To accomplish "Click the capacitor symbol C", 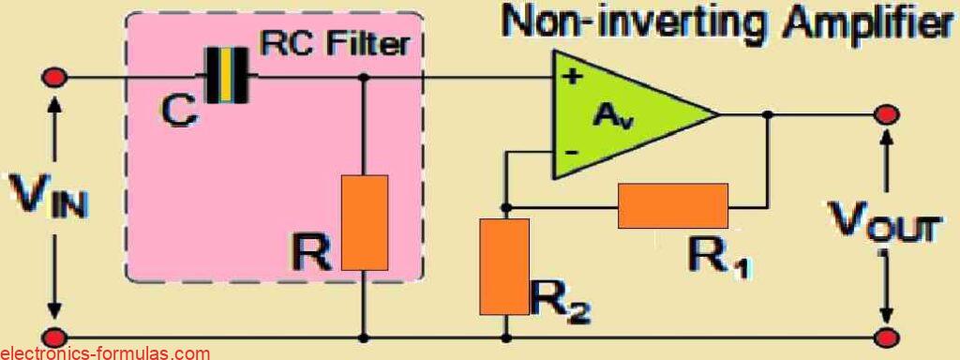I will point(228,77).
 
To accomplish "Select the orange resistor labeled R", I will point(364,222).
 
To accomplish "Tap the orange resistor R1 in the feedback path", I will point(672,206).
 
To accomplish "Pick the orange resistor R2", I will point(503,266).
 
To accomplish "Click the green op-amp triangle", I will point(623,114).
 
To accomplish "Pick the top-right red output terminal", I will point(885,114).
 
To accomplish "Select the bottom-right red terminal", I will point(885,336).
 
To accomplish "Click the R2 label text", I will point(560,299).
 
